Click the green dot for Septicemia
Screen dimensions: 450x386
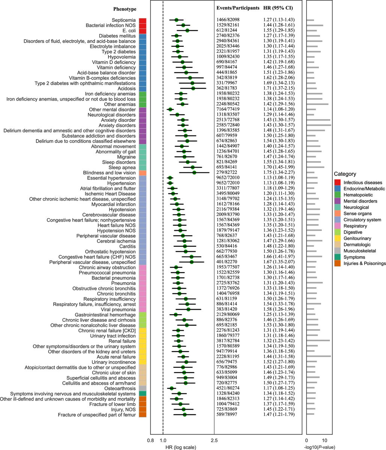[x=176, y=19]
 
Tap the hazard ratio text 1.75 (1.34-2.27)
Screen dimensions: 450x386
[x=279, y=172]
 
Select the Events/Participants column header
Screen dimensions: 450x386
[x=238, y=8]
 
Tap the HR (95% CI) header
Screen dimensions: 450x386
[x=278, y=8]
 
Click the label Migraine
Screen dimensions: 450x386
[x=126, y=156]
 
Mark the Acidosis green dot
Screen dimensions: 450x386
[x=193, y=88]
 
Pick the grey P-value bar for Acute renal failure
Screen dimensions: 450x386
[x=318, y=357]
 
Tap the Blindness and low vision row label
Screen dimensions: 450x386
[x=110, y=172]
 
